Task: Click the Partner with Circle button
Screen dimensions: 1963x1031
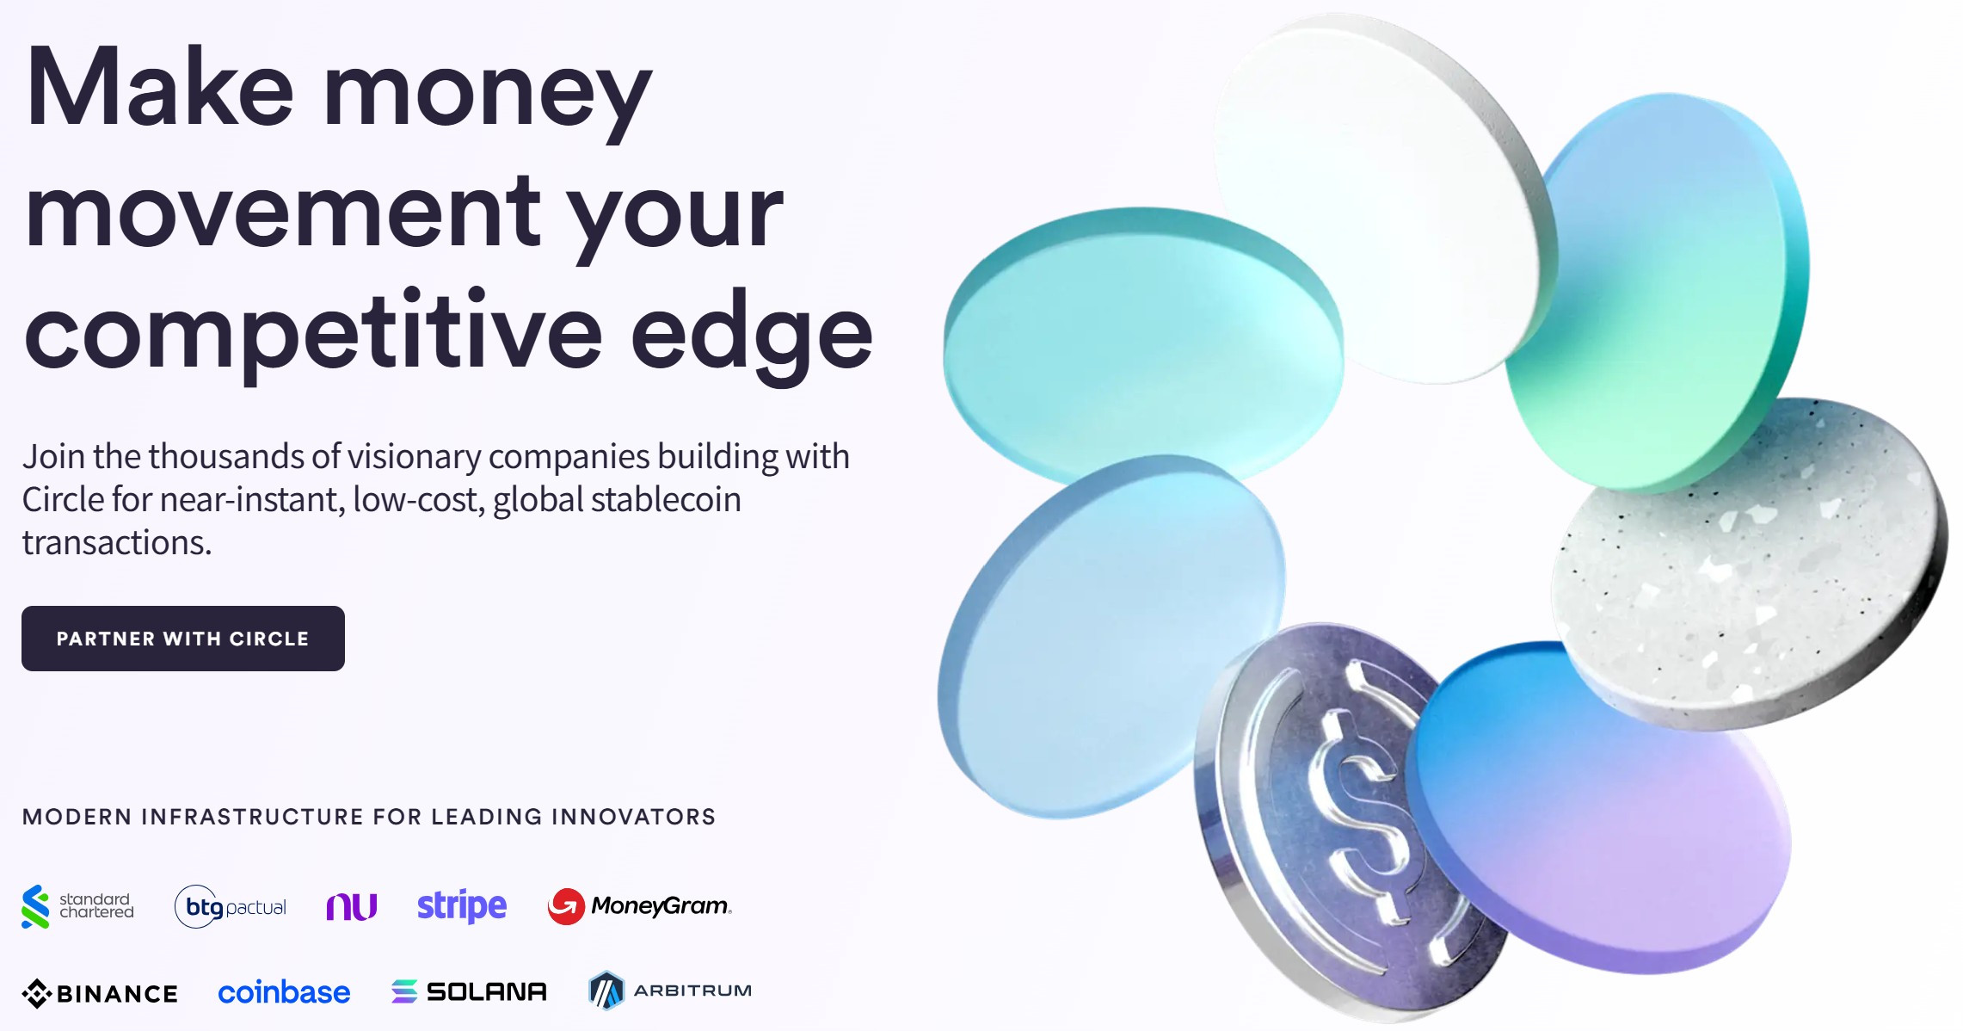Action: [x=183, y=639]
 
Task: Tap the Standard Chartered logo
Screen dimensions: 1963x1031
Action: [x=77, y=906]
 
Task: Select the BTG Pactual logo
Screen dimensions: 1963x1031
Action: [x=231, y=906]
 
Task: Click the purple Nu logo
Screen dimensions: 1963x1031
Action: [x=352, y=906]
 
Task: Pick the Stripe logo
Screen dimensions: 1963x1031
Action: [x=462, y=906]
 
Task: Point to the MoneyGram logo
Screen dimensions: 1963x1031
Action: [x=639, y=906]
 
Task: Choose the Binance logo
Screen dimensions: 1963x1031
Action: [x=100, y=993]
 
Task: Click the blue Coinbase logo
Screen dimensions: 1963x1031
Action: [x=284, y=992]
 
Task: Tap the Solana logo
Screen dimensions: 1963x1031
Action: [x=469, y=991]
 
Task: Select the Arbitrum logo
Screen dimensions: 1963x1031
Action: [x=670, y=991]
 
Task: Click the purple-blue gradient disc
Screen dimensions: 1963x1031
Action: [x=1600, y=809]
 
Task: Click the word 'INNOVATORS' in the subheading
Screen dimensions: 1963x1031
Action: [x=633, y=817]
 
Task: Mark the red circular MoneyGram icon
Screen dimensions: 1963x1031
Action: [x=566, y=906]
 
